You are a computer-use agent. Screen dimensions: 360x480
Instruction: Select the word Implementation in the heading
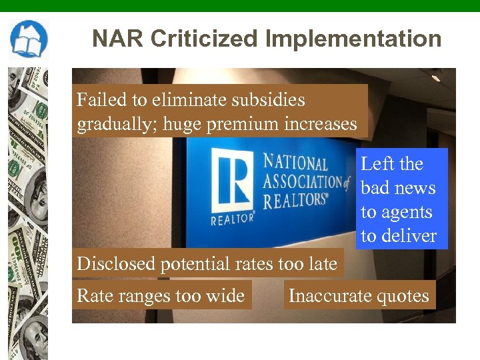353,39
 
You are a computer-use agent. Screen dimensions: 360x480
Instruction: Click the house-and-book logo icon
29,39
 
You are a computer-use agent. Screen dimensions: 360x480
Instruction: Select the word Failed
101,100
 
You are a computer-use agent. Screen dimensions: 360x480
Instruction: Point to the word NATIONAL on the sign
295,162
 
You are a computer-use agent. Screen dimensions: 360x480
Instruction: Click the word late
323,263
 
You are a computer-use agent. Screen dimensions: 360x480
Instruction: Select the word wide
226,295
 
